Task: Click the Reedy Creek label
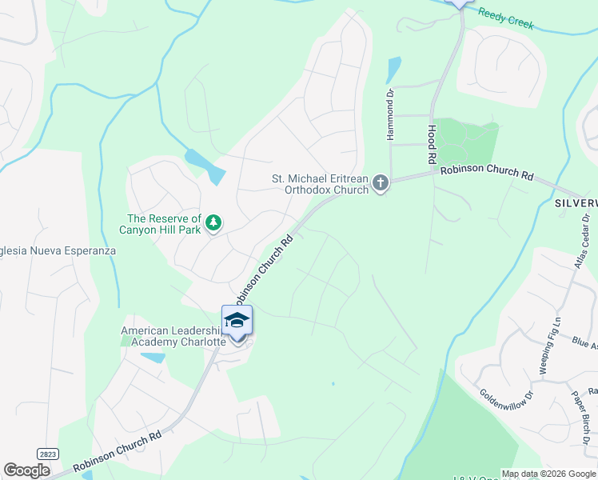click(505, 18)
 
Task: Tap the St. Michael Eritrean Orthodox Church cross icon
click(381, 184)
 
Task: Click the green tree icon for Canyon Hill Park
click(213, 223)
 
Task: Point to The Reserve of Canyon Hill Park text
click(164, 224)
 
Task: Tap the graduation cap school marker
click(237, 322)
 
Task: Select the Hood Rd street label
click(432, 137)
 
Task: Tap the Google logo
click(26, 470)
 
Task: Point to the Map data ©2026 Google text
click(548, 474)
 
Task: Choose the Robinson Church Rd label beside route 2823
click(118, 451)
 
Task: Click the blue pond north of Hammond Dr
click(393, 70)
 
